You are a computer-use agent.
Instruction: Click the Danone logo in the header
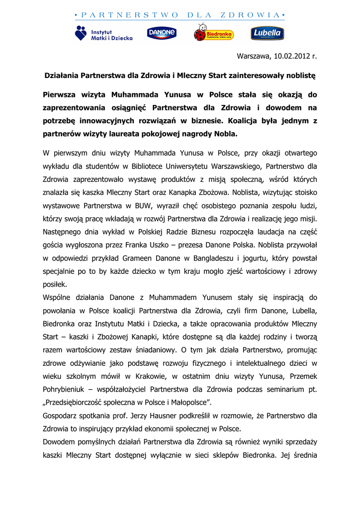click(x=162, y=33)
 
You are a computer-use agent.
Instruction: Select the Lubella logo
click(x=267, y=33)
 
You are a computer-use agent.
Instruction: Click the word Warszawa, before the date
click(x=254, y=56)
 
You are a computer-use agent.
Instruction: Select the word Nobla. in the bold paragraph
click(x=224, y=134)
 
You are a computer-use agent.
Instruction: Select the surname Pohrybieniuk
click(x=69, y=388)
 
